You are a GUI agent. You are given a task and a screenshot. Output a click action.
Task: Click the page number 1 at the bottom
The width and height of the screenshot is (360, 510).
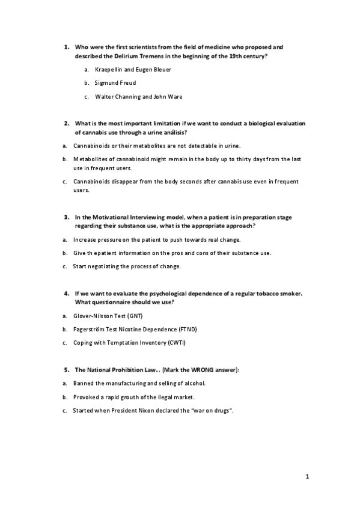[x=307, y=478]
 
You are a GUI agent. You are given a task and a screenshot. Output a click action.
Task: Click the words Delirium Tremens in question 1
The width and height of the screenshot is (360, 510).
[x=150, y=56]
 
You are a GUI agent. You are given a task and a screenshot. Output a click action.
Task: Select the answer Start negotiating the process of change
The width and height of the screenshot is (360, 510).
[x=127, y=266]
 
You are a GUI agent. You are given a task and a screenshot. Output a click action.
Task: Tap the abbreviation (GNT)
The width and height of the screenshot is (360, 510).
[x=134, y=316]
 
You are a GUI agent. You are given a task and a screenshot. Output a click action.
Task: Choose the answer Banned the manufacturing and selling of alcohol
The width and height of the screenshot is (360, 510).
[x=139, y=383]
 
